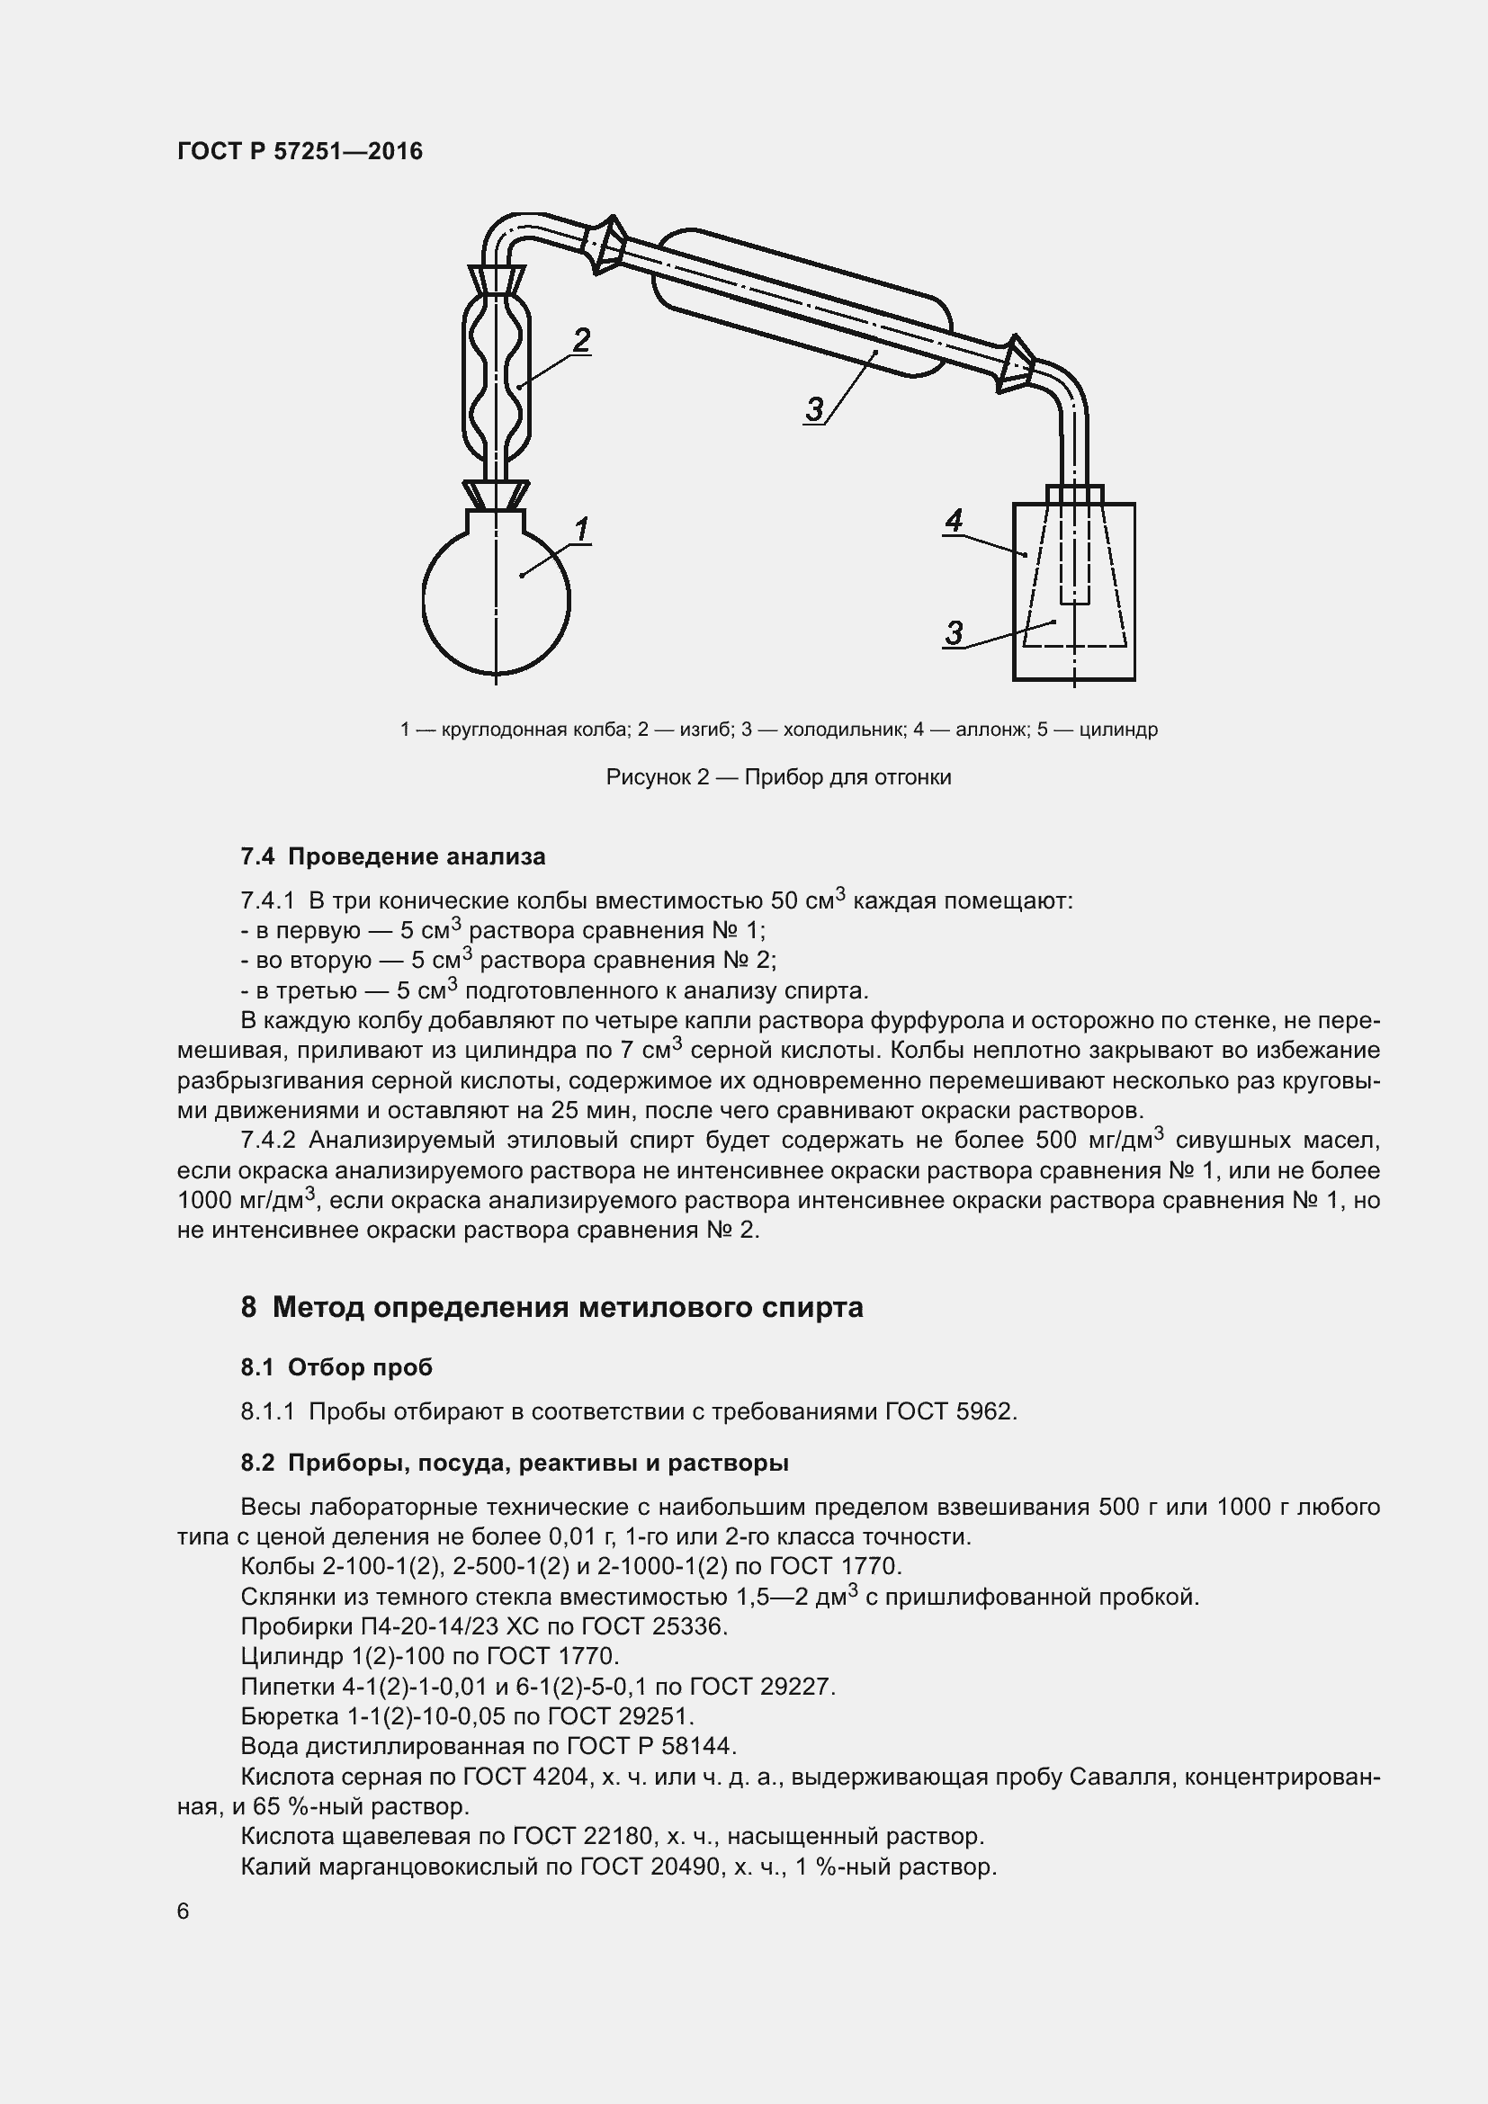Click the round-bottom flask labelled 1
[496, 600]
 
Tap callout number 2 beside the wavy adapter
[581, 340]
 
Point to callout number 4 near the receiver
[954, 521]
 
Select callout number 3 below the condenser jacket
[814, 408]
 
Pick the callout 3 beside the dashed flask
[954, 632]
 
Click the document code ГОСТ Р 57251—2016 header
[300, 151]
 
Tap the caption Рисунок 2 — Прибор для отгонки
[779, 777]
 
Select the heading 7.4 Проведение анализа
[393, 857]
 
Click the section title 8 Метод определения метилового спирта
[551, 1307]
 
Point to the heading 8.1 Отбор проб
[336, 1367]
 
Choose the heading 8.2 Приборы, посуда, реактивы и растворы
[514, 1463]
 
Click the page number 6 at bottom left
[184, 1911]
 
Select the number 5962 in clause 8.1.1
[984, 1411]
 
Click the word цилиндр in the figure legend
[1119, 730]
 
